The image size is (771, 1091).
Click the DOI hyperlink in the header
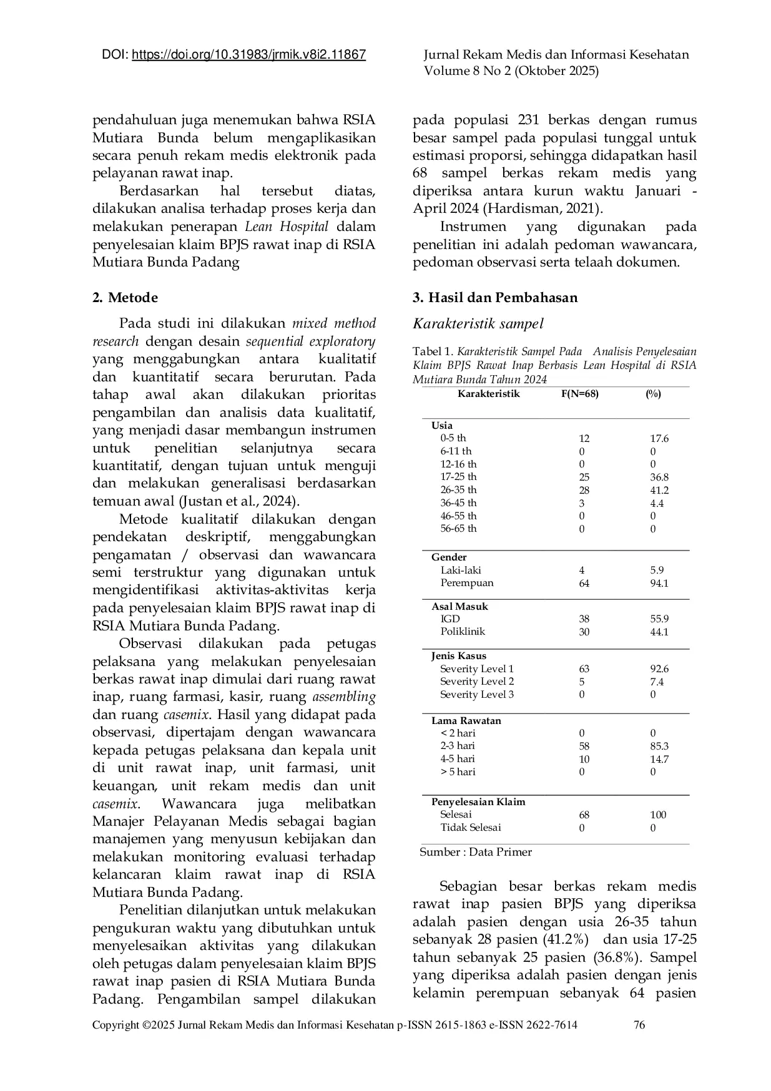(249, 55)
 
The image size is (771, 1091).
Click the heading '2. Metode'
(125, 298)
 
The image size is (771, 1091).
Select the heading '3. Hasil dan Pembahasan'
(495, 298)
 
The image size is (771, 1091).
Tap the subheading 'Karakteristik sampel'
(478, 323)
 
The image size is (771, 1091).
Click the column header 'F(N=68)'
(576, 394)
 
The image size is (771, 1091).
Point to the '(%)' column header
(653, 394)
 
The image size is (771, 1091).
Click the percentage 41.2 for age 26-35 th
(659, 490)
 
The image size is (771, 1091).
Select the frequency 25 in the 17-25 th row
(584, 477)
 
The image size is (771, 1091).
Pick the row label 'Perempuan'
(467, 583)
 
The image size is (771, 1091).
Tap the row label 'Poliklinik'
(463, 632)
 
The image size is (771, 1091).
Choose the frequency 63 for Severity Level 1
(584, 669)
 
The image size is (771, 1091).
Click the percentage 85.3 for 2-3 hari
(659, 746)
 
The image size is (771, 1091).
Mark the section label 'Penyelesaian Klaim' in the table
(478, 801)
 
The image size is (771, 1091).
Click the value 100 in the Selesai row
(658, 815)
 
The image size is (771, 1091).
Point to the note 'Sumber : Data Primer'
(476, 852)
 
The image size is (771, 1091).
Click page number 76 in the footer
(639, 1025)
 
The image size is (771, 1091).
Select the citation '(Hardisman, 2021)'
(540, 209)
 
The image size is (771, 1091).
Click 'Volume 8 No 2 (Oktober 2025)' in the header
(511, 71)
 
